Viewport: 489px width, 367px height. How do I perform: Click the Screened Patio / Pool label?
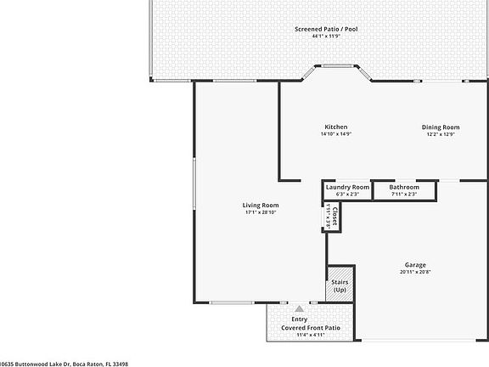326,29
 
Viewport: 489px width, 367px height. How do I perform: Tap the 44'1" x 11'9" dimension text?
326,37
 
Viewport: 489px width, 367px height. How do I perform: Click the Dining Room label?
441,127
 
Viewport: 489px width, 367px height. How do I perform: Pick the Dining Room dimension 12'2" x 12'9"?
441,134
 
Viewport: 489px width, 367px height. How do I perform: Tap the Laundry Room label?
347,187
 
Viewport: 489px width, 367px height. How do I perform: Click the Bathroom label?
404,187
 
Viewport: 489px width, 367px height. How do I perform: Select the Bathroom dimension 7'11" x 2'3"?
404,195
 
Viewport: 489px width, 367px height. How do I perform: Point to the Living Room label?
261,205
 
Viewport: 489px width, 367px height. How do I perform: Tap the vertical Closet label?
334,218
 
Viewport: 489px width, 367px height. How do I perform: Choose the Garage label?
415,264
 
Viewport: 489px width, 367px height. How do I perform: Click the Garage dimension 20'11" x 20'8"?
415,272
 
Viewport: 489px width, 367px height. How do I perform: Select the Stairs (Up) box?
340,285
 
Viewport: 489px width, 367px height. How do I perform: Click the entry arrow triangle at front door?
299,308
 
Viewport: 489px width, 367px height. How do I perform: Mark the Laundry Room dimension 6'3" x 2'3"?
347,195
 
